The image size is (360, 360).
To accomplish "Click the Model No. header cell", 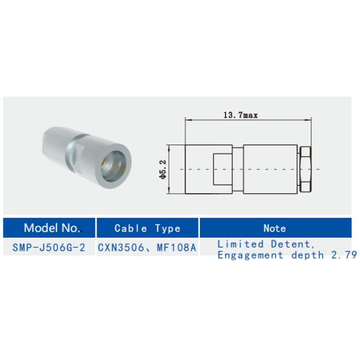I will coord(51,228).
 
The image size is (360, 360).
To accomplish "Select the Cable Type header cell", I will coord(147,229).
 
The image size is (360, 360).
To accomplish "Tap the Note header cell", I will coord(274,228).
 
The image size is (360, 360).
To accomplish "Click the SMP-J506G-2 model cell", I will coord(50,247).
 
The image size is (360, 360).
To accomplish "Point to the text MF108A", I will coord(174,247).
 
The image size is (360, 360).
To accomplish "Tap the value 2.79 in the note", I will coord(345,255).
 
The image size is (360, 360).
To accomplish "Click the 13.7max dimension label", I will coord(240,115).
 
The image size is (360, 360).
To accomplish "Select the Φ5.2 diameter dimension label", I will coord(162,170).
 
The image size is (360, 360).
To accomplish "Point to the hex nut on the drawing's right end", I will coord(305,169).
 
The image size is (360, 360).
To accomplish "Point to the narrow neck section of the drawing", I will coord(239,169).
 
